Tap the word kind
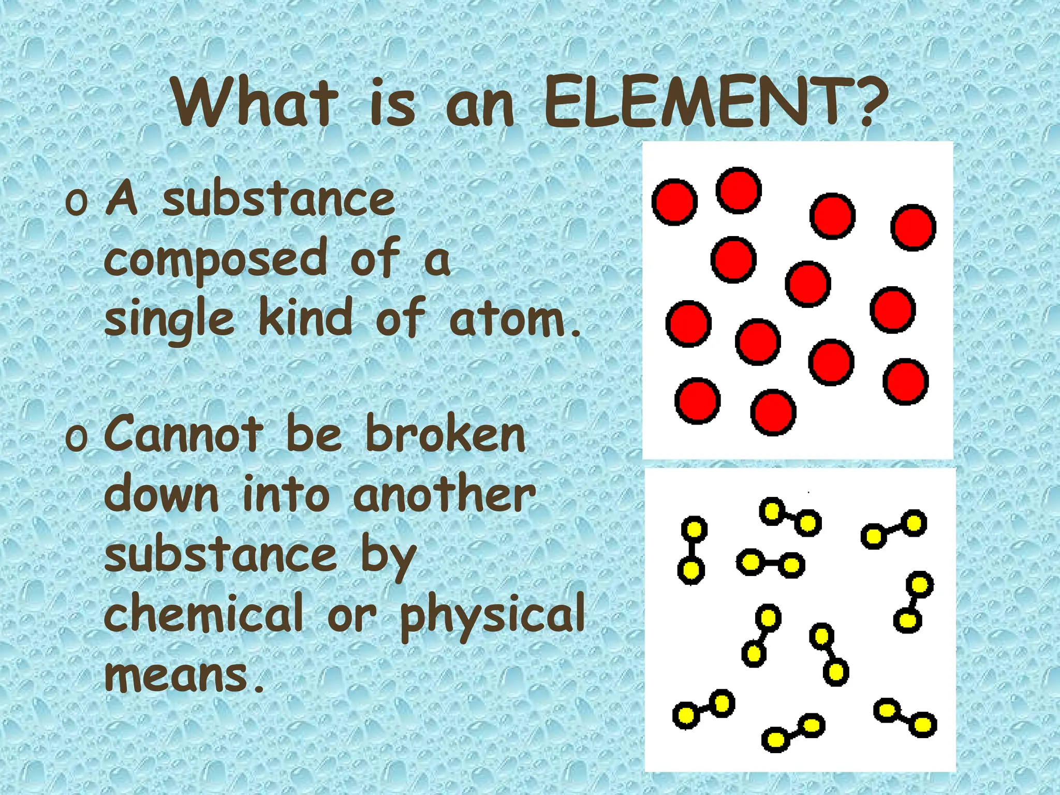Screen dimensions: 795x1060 [x=306, y=318]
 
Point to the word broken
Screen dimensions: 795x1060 [x=446, y=435]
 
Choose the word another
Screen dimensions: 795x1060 [x=444, y=495]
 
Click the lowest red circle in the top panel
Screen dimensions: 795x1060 [x=773, y=412]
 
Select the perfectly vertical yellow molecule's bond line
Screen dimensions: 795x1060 [x=692, y=550]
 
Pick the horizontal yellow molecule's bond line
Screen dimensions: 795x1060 [x=770, y=563]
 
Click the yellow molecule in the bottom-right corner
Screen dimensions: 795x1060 [x=905, y=717]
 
